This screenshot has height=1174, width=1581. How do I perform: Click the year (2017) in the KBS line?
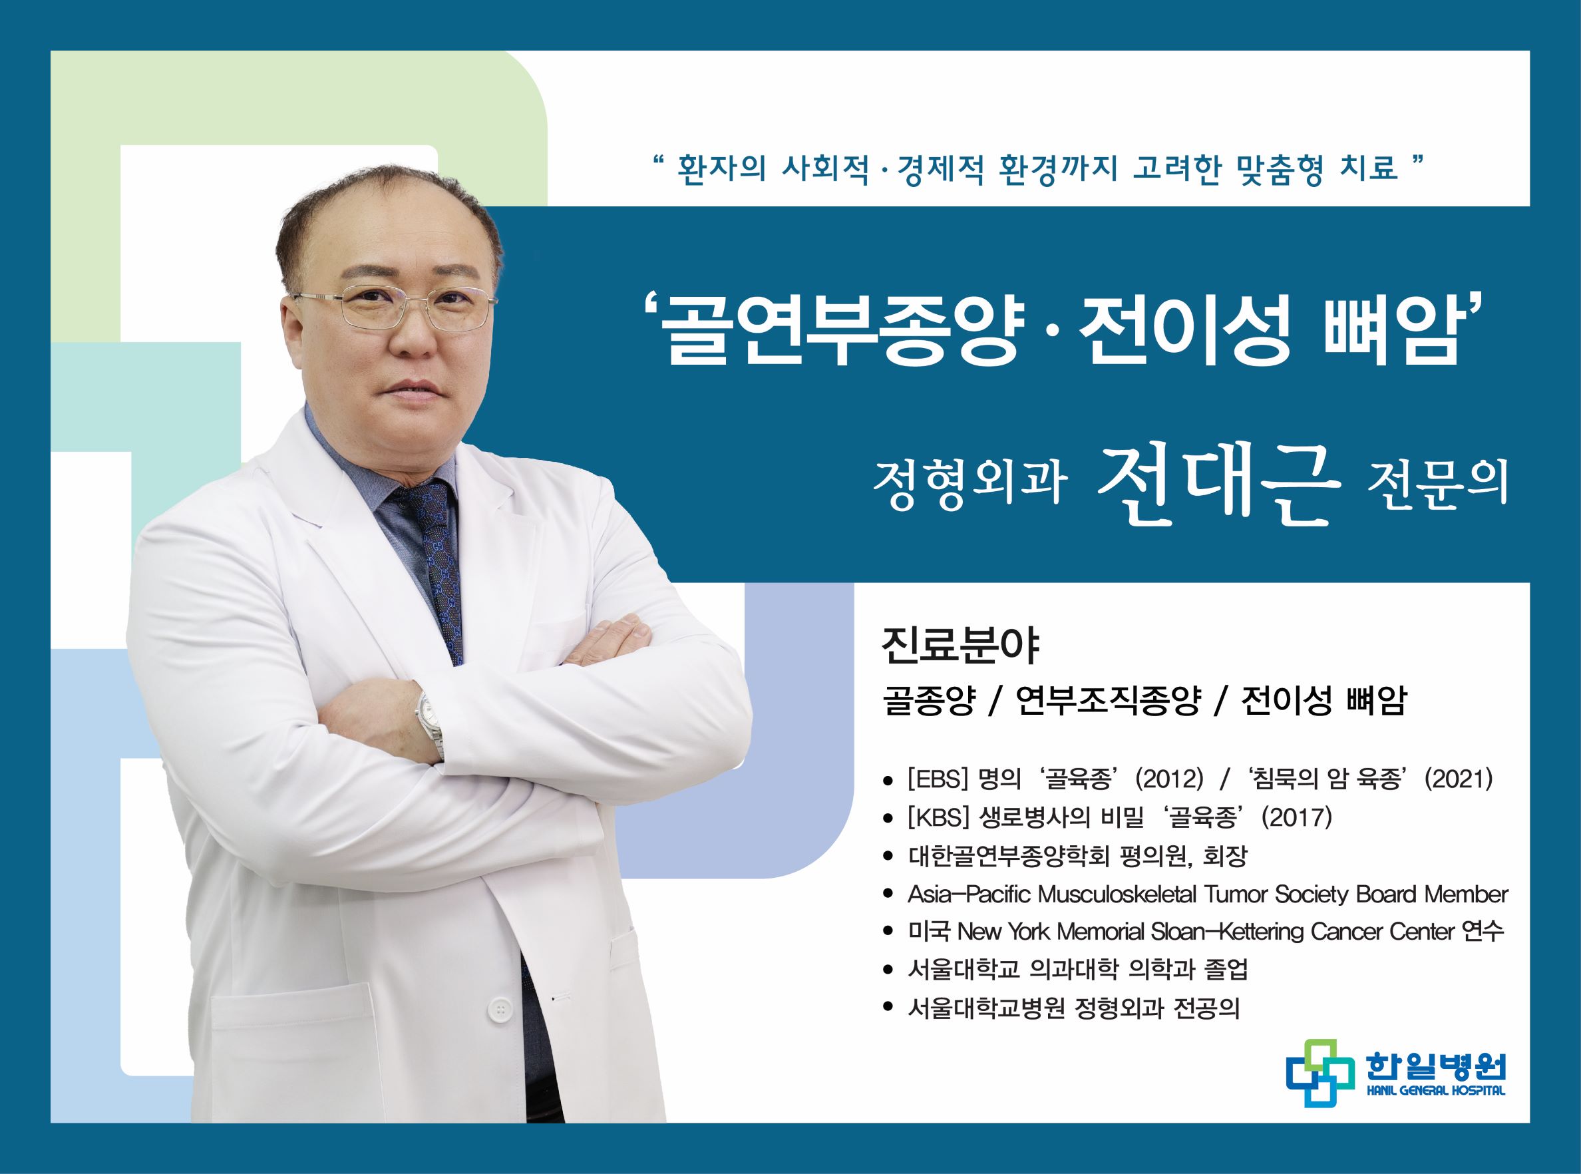(1297, 819)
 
